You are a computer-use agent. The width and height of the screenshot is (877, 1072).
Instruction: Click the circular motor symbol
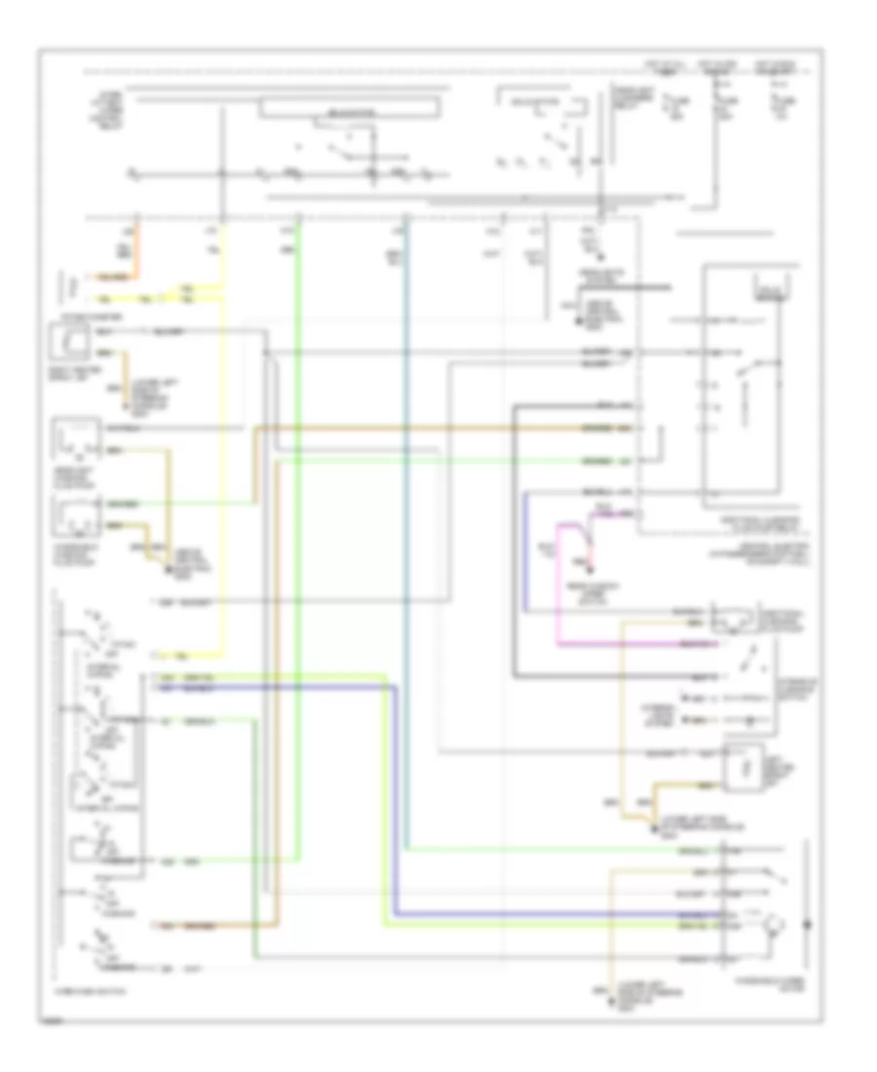pyautogui.click(x=774, y=921)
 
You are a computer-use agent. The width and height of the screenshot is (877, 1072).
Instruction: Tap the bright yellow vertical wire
pyautogui.click(x=225, y=439)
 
